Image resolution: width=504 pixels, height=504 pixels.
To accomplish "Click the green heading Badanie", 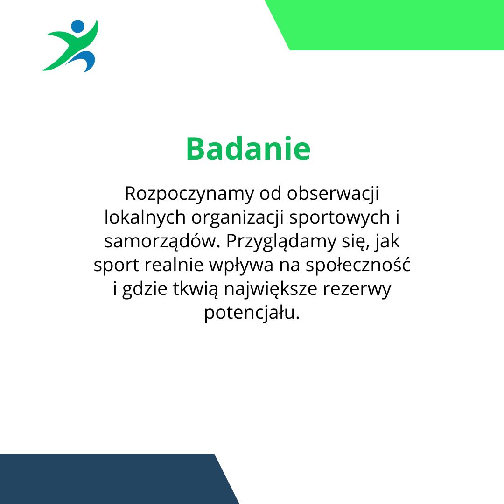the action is coord(248,148).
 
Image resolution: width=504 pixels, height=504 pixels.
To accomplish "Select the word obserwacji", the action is coord(333,194).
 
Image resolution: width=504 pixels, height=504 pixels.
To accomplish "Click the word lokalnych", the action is coord(145,217).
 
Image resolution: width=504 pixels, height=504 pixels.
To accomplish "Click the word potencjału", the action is coord(252,313).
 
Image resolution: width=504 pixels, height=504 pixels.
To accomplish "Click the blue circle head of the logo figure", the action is coord(77,26).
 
